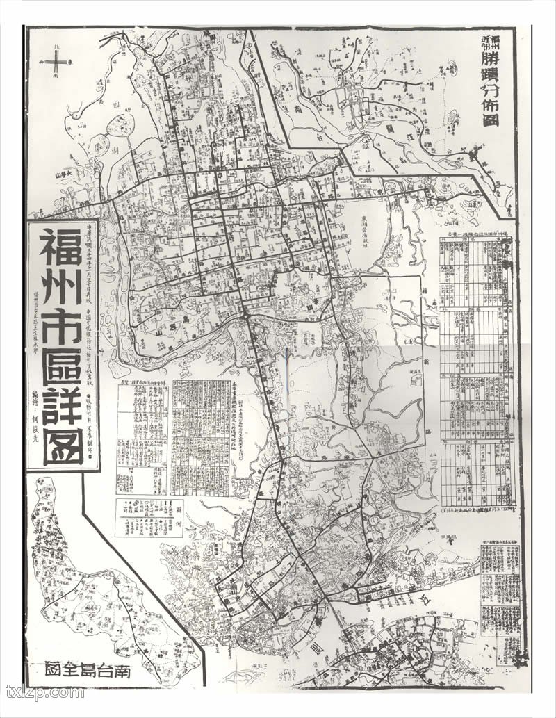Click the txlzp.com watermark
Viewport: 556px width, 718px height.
(44, 692)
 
